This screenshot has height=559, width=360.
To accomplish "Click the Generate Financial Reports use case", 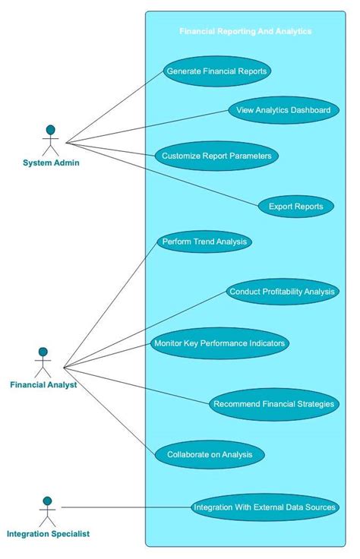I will click(216, 71).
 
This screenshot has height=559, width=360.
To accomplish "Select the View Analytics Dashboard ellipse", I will click(283, 110).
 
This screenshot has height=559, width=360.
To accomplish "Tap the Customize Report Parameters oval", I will click(216, 156).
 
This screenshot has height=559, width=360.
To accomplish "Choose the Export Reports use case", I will click(295, 206).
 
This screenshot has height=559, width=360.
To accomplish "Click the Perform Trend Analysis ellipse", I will click(204, 242).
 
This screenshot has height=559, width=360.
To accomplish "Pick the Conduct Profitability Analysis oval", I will click(283, 292).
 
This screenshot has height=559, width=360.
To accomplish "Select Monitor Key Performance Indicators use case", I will click(219, 343).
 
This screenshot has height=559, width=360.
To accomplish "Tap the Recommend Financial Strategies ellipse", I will click(273, 404).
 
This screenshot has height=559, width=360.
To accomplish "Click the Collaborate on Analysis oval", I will click(210, 455).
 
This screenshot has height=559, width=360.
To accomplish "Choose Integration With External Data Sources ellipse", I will click(264, 507).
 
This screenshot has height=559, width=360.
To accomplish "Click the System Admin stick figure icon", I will click(51, 140).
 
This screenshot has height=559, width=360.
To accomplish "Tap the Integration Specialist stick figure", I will click(47, 512).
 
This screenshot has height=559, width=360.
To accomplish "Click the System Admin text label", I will click(51, 163).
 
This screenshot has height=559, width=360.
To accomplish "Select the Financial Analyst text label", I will click(43, 385).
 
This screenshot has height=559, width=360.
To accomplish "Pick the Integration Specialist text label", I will click(48, 534).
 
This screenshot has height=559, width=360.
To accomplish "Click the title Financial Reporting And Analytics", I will click(245, 32).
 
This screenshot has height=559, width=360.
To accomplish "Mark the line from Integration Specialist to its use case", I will click(125, 507).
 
